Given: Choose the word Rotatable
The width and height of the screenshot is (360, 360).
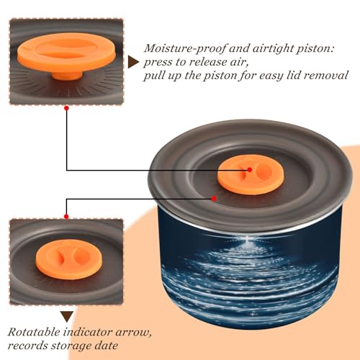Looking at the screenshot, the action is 34,332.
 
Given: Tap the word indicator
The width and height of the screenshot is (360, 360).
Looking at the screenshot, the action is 88,332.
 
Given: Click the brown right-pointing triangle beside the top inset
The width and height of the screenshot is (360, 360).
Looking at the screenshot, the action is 132,62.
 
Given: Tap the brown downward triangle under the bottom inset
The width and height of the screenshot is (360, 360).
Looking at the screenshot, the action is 67,317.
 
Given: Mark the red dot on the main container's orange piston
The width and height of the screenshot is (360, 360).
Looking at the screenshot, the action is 250,170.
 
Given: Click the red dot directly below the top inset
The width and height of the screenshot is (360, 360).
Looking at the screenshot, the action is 67,108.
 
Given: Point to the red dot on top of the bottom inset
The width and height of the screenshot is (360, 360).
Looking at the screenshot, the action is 66,217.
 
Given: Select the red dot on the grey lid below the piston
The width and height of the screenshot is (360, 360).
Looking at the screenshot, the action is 214,199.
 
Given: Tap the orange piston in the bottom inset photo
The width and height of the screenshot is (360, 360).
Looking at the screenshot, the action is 69,259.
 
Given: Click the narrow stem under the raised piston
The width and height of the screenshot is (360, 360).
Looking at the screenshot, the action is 67,76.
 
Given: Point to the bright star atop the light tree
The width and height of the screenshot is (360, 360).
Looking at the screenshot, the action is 247,238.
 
